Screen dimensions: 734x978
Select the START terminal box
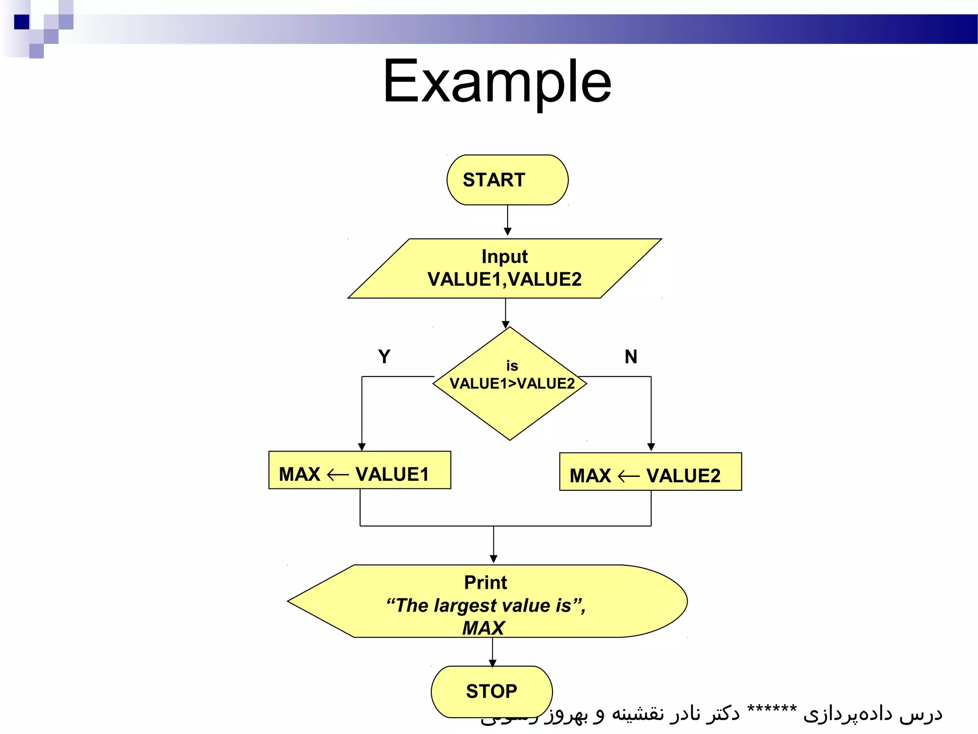[x=507, y=180]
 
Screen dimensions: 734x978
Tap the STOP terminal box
[x=491, y=691]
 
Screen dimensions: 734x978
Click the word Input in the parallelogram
[x=504, y=257]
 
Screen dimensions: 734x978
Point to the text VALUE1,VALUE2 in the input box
[x=504, y=280]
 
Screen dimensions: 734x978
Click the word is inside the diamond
[x=512, y=366]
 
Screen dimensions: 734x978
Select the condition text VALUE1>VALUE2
[x=512, y=384]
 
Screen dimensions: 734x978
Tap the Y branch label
[x=384, y=357]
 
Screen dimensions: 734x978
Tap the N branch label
[x=631, y=357]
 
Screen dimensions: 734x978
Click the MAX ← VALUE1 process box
[x=360, y=470]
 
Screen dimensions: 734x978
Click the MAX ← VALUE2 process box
[x=650, y=472]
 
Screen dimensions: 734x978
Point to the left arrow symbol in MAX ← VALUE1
[x=338, y=475]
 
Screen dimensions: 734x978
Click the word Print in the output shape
[x=485, y=583]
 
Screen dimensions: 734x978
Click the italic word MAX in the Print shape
[x=483, y=628]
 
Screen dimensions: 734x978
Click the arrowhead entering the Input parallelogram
[x=508, y=232]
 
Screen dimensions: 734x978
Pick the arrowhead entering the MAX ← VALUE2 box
[x=651, y=447]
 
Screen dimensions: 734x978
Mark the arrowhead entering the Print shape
[x=493, y=559]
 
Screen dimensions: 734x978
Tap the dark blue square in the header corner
[x=21, y=22]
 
